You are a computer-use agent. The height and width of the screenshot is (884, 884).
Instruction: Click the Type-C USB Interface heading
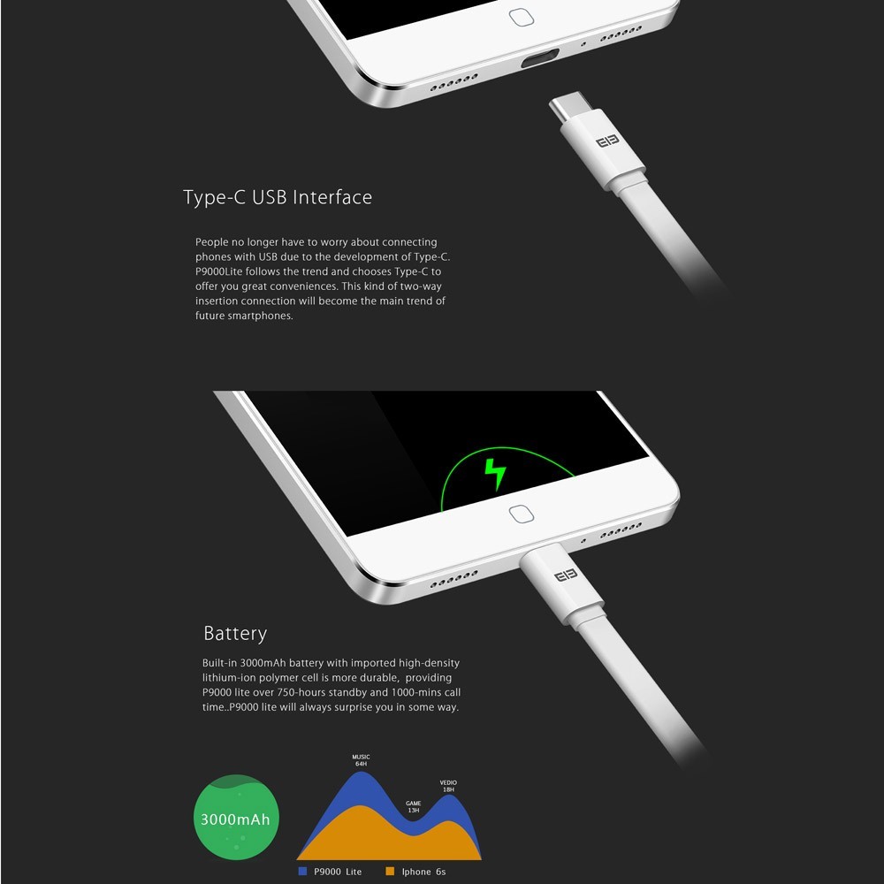pos(278,197)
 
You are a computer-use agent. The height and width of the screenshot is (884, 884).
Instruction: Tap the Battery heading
pos(235,634)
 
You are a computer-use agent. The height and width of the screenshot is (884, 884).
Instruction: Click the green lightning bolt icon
pos(495,474)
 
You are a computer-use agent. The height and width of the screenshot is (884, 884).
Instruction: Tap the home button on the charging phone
pos(521,514)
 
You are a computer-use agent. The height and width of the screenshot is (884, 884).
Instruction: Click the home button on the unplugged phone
pos(521,17)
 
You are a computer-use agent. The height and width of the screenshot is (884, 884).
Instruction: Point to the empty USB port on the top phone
pos(539,58)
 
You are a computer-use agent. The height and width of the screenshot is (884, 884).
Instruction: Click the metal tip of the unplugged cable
pos(568,106)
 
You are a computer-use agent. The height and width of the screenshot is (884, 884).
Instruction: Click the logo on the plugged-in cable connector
pos(566,575)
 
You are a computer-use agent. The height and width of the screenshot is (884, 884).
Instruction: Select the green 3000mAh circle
pos(236,817)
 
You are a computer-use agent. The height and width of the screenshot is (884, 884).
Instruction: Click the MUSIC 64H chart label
pos(361,760)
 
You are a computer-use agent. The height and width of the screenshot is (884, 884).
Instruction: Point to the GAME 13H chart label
pos(413,807)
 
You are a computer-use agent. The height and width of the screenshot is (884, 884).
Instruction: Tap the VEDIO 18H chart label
pos(448,786)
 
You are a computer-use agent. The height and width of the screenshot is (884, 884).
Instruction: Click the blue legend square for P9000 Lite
pos(302,871)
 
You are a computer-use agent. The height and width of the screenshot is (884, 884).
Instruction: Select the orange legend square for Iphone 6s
pos(390,871)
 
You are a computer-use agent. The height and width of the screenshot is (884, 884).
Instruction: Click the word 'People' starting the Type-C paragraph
pos(212,242)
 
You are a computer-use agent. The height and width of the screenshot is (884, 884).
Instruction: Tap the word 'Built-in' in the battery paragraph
pos(219,663)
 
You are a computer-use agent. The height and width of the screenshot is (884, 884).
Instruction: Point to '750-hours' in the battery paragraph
pos(300,692)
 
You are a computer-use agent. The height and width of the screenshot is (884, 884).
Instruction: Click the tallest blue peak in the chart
pos(361,773)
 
